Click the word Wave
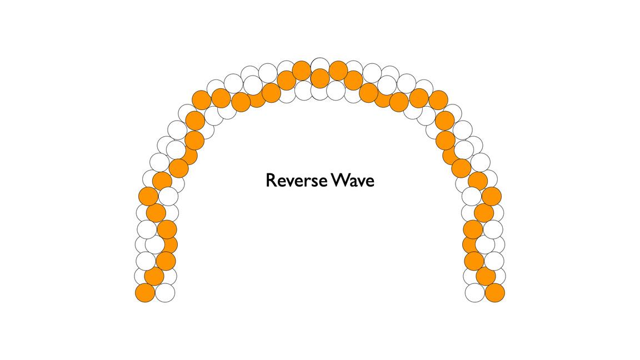coord(353,181)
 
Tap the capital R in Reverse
coord(271,181)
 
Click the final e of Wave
coord(370,182)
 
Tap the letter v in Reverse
coord(289,182)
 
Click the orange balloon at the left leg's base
coord(145,293)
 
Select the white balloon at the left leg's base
coord(165,293)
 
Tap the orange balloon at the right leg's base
coord(495,293)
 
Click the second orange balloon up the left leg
coord(154,276)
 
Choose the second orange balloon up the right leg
coord(486,276)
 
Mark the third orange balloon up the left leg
coord(166,261)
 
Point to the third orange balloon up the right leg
coord(474,261)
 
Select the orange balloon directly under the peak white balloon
coord(320,78)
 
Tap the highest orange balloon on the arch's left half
coord(301,71)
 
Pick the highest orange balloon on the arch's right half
coord(338,71)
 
